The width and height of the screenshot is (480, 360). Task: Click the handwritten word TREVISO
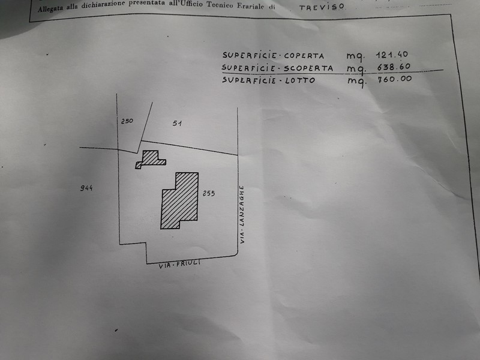point(322,7)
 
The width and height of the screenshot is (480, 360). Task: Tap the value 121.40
point(392,55)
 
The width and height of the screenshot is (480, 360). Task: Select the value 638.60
point(394,67)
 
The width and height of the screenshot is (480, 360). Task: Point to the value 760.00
point(395,79)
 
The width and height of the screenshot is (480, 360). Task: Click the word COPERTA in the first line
point(304,56)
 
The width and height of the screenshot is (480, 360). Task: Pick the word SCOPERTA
point(308,68)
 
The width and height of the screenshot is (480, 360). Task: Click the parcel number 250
point(127,121)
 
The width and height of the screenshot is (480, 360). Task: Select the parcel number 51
point(177,124)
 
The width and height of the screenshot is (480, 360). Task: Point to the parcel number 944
point(86,188)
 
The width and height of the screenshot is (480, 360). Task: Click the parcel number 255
point(208,193)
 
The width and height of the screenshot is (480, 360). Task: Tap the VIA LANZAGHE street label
point(242,214)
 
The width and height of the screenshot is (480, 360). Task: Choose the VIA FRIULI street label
point(179,264)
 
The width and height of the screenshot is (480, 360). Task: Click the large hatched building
point(179,200)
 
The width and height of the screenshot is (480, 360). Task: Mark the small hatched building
point(151,160)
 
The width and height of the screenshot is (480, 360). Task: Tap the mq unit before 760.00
point(356,82)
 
